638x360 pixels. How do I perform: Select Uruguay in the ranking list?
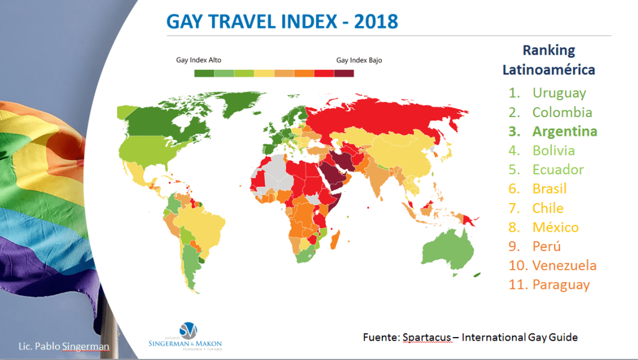[559, 93]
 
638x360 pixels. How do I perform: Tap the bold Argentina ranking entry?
[564, 131]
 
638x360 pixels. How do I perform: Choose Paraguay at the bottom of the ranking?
[560, 285]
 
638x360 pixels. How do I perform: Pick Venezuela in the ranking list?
[564, 265]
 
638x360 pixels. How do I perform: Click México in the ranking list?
[555, 227]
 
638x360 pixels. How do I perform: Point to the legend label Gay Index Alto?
[199, 60]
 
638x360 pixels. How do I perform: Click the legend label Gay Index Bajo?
[359, 60]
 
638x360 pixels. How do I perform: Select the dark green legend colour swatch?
[204, 73]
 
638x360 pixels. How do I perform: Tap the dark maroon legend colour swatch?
[344, 73]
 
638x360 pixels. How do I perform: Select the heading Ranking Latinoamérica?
[549, 60]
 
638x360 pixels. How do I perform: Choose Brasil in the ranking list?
[550, 189]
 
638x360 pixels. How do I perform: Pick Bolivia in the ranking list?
[553, 151]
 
